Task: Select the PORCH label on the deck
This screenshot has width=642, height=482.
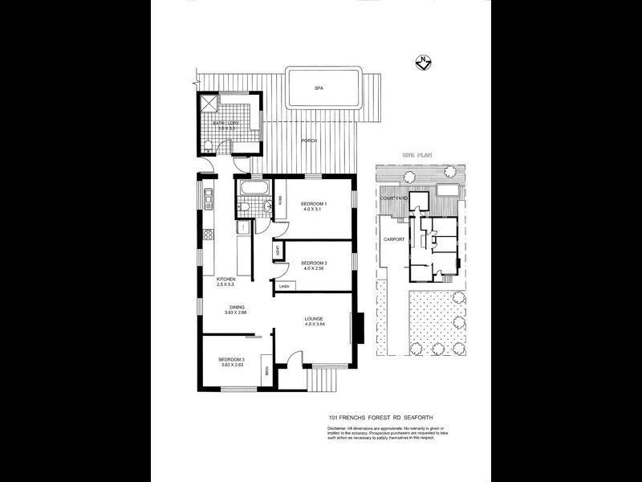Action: click(309, 141)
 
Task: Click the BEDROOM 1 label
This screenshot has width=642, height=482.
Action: click(315, 204)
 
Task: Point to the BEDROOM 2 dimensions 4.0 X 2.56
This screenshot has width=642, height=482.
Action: click(315, 270)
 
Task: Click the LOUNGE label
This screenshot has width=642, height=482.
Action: click(313, 320)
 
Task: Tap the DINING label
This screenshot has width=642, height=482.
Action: click(236, 306)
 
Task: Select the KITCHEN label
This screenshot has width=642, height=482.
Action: click(225, 279)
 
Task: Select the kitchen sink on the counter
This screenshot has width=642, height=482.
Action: click(209, 197)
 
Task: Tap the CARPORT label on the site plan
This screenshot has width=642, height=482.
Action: click(393, 239)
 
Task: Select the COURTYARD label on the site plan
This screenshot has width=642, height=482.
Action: click(396, 198)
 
